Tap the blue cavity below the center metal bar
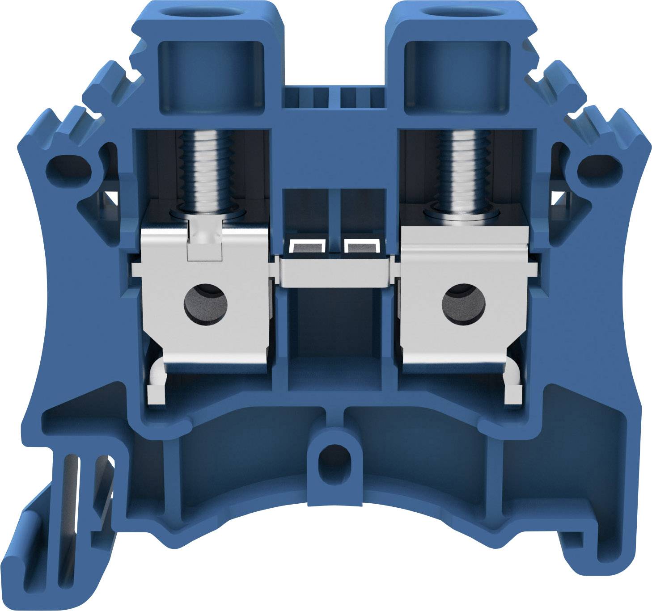pos(334,340)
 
